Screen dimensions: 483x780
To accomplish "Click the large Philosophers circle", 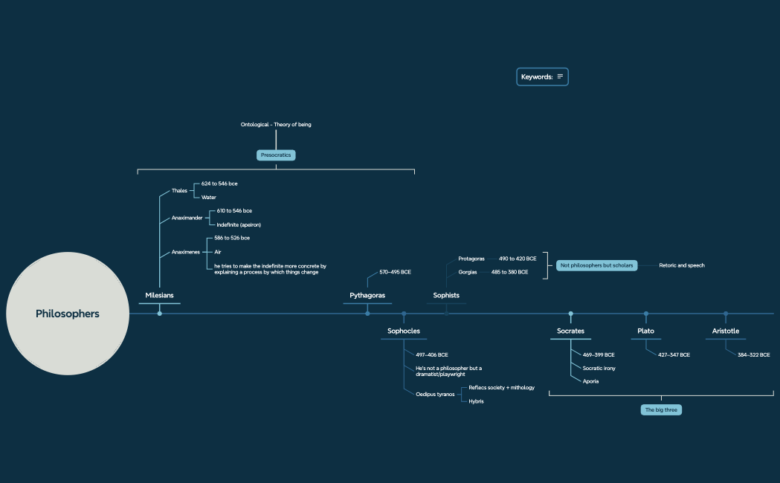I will (x=68, y=314).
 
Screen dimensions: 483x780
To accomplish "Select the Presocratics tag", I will (x=276, y=155).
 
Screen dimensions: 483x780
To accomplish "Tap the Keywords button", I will (x=542, y=77).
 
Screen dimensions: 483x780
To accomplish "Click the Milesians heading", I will (x=159, y=296).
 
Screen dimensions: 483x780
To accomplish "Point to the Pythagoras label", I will (x=367, y=296).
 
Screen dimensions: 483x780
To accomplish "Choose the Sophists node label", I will (x=446, y=296).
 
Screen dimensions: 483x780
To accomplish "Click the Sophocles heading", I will (x=404, y=331).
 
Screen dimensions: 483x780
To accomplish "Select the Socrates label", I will (x=570, y=331).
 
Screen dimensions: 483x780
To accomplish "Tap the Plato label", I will (x=645, y=331).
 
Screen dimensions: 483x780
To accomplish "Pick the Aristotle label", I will (x=726, y=331).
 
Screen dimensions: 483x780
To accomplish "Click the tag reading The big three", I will (x=661, y=409).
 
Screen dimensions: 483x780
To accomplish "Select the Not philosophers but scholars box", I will (x=596, y=265).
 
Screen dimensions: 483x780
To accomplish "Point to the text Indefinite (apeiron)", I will (x=239, y=224).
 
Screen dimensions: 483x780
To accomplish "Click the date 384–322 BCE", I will (x=753, y=355).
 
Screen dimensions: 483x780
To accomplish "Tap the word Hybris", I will (x=476, y=401).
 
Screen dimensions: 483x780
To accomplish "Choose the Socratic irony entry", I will (x=599, y=368).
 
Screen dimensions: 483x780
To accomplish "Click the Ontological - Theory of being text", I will (x=276, y=125).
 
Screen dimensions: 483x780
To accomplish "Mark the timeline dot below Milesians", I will (x=159, y=314).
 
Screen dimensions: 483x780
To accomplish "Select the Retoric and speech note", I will (x=681, y=265).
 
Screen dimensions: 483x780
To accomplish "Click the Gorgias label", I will (x=468, y=273).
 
